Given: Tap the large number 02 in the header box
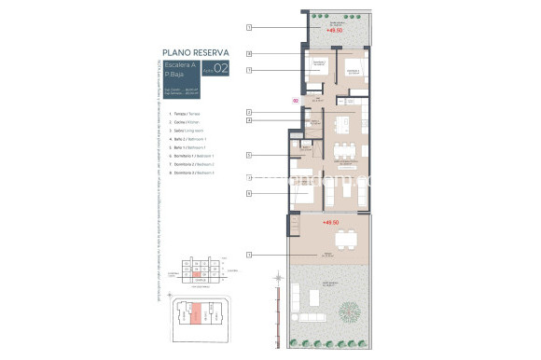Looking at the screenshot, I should coord(221,68).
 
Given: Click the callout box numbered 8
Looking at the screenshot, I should coord(249,54).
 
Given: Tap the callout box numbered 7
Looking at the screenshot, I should coord(249,70).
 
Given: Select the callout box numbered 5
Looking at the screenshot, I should coord(249,154).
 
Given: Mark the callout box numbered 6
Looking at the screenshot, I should coord(249,193).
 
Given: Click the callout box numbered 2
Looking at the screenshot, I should coord(249,112).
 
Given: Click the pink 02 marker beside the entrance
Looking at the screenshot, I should coord(296,100).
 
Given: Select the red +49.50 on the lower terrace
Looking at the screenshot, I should coord(329,223).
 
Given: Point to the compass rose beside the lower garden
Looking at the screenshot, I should coord(278,277).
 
